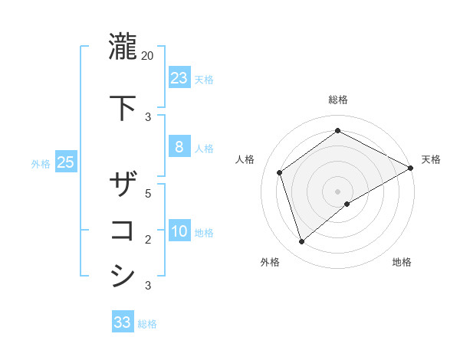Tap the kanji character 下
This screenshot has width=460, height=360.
point(123,108)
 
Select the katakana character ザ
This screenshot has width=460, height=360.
point(123,185)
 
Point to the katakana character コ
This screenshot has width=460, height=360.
point(123,231)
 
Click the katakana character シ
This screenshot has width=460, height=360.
point(123,276)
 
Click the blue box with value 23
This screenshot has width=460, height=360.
point(179,78)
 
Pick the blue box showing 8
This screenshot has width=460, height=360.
point(179,147)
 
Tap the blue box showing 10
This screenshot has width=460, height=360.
point(179,231)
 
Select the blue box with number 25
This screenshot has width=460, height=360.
point(65,162)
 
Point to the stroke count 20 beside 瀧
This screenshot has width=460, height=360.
point(148,56)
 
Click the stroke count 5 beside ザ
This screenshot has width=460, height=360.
point(149,194)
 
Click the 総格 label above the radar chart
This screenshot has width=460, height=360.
point(338,100)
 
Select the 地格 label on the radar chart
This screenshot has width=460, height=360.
point(402,262)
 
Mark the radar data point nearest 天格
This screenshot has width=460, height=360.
point(411,168)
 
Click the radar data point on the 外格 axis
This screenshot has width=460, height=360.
point(301,242)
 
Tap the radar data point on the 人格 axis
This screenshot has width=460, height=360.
point(280,172)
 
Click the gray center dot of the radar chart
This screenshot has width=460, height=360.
point(338,191)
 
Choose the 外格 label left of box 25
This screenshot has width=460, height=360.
point(41,163)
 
